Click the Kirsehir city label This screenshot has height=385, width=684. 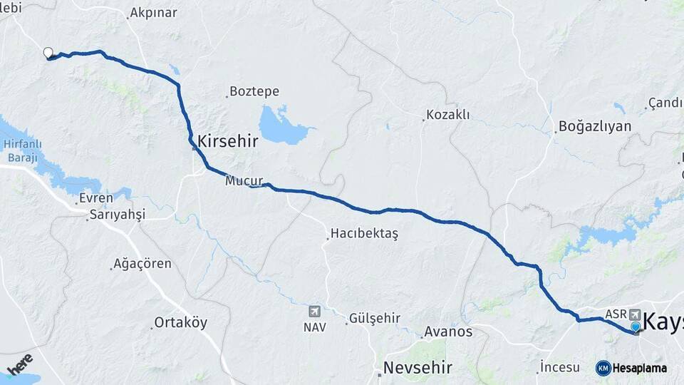pyautogui.click(x=227, y=140)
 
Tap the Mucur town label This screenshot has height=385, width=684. pyautogui.click(x=244, y=180)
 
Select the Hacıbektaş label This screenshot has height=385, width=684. pyautogui.click(x=363, y=233)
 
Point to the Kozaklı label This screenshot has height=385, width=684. pyautogui.click(x=447, y=114)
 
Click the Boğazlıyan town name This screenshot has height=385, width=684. pyautogui.click(x=595, y=126)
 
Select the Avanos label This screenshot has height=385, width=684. pyautogui.click(x=447, y=331)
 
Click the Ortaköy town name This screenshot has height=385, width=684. pyautogui.click(x=181, y=322)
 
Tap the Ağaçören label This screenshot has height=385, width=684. pyautogui.click(x=143, y=263)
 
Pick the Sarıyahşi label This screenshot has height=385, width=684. pyautogui.click(x=117, y=215)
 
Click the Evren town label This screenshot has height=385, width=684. pyautogui.click(x=96, y=197)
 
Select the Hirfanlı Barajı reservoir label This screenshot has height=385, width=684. pyautogui.click(x=19, y=150)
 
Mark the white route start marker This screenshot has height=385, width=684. pyautogui.click(x=48, y=52)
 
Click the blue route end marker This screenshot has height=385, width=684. pyautogui.click(x=636, y=327)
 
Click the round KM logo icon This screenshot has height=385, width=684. pyautogui.click(x=603, y=368)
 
